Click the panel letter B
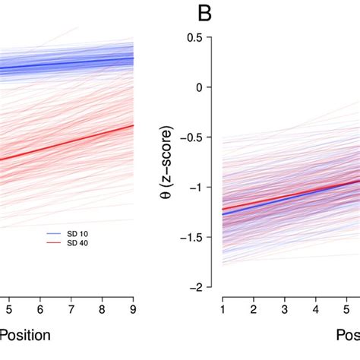click(203, 13)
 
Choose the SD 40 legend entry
click(74, 243)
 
